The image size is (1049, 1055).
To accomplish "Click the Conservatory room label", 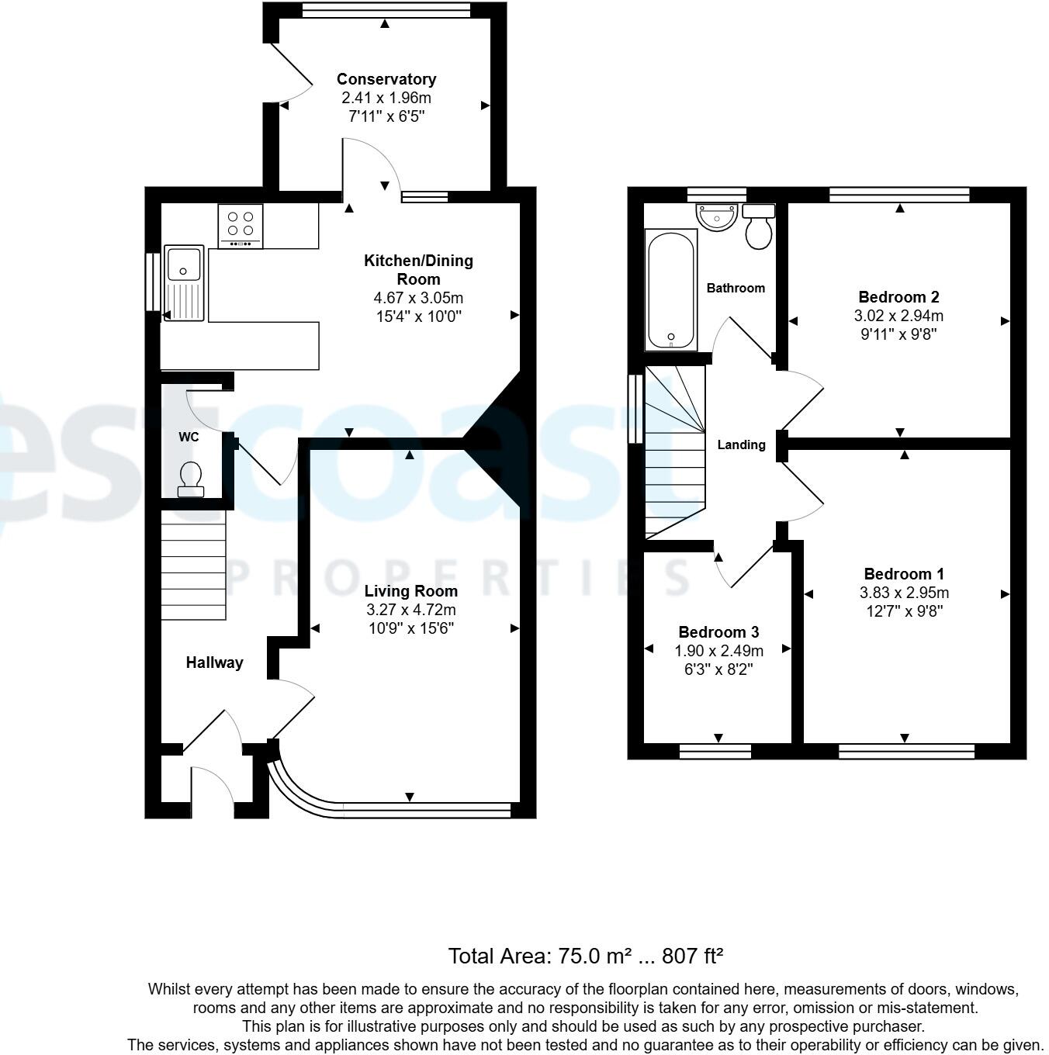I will [386, 79].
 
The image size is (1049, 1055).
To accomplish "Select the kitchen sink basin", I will [184, 265].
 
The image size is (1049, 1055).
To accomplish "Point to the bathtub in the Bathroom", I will [671, 290].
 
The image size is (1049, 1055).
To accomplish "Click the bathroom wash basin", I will [716, 216].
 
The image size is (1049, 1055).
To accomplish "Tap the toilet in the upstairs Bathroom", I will [759, 227].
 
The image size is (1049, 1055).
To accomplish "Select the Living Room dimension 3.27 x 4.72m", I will [410, 610].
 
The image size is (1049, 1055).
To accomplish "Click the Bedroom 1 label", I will [904, 574].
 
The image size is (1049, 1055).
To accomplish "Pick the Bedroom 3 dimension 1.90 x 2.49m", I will [718, 651].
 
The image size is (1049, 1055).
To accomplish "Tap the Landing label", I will [741, 444].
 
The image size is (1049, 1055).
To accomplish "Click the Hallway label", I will [214, 662].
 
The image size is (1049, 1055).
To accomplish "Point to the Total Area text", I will [586, 956].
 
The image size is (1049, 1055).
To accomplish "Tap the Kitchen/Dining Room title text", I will [418, 270].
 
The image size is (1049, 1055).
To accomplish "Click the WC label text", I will [189, 437].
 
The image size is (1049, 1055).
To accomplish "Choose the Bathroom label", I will [736, 288].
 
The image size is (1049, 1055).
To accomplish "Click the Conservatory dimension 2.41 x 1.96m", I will [386, 98].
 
